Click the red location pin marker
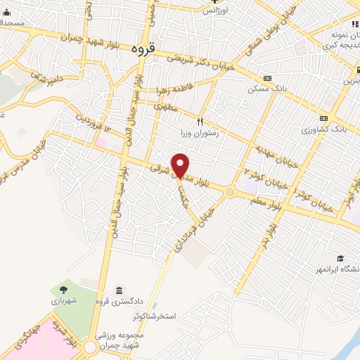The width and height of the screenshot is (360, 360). pyautogui.click(x=181, y=165)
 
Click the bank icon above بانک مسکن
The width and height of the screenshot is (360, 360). pyautogui.click(x=266, y=78)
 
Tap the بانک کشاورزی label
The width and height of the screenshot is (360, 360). pyautogui.click(x=324, y=129)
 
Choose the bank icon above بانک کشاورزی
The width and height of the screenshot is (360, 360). pyautogui.click(x=323, y=118)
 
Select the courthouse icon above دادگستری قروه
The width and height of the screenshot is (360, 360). pyautogui.click(x=118, y=290)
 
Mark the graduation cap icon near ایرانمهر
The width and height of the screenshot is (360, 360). pyautogui.click(x=340, y=259)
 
